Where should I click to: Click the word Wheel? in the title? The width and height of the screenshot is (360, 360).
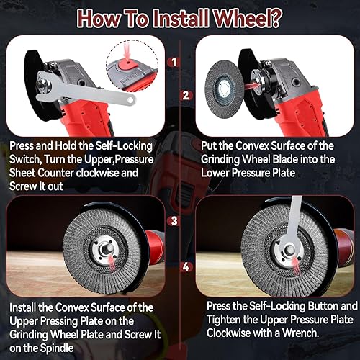(247, 19)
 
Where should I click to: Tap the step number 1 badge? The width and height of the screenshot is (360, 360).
(174, 63)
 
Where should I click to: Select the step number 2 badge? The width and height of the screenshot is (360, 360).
(186, 96)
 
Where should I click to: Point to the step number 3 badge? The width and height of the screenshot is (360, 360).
(174, 221)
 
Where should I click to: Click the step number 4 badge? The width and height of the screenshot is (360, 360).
(186, 266)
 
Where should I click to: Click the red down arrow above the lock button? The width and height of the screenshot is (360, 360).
(127, 52)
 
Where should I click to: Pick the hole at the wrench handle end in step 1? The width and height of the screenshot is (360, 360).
(130, 99)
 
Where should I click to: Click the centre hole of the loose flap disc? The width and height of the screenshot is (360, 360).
(224, 89)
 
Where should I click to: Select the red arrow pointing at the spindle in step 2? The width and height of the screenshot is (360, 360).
(252, 86)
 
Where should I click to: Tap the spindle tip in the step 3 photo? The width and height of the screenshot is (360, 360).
(105, 249)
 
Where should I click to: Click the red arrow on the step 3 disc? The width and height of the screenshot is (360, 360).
(112, 262)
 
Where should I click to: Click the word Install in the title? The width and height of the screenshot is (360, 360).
(181, 19)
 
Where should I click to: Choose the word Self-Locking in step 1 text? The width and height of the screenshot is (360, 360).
(124, 146)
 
